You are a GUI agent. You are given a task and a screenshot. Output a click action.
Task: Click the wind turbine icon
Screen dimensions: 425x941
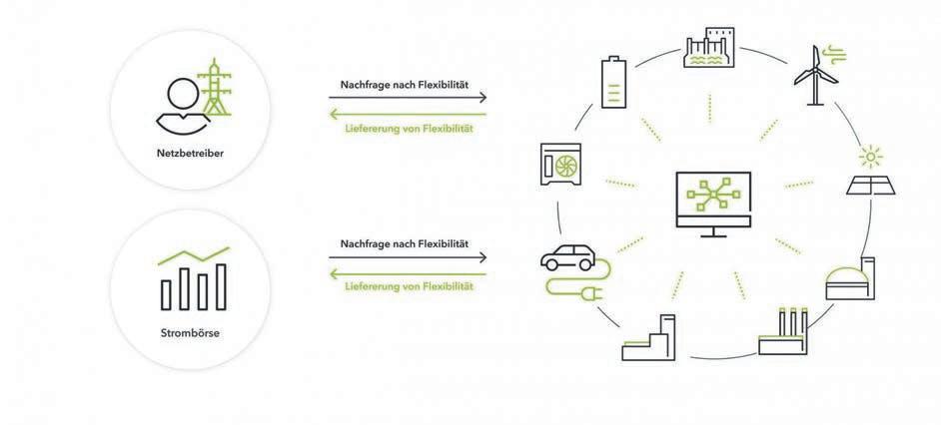814,72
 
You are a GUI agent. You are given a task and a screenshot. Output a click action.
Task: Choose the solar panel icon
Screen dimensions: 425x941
872,186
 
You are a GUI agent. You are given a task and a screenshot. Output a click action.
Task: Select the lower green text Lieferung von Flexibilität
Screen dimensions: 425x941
408,286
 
